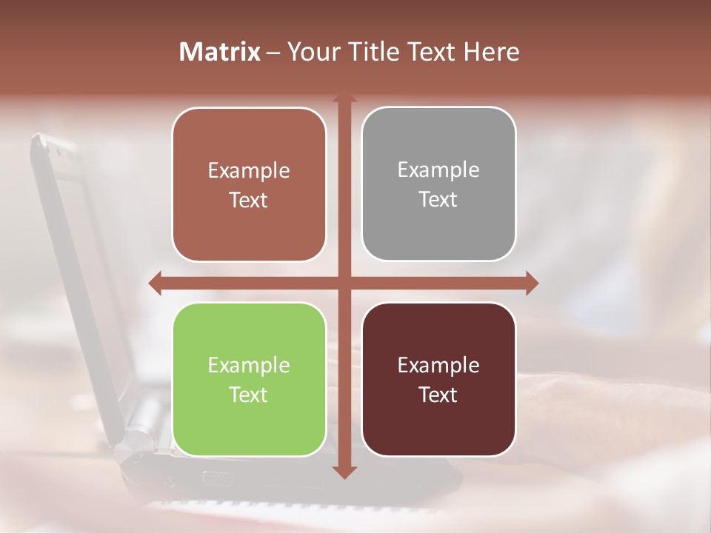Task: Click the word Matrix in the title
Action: click(x=219, y=52)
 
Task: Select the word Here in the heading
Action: click(x=491, y=52)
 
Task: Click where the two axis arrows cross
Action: click(x=344, y=283)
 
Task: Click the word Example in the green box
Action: click(x=249, y=365)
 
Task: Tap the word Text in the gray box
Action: click(x=438, y=200)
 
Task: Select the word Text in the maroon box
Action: click(x=438, y=395)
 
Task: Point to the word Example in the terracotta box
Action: click(x=249, y=170)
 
